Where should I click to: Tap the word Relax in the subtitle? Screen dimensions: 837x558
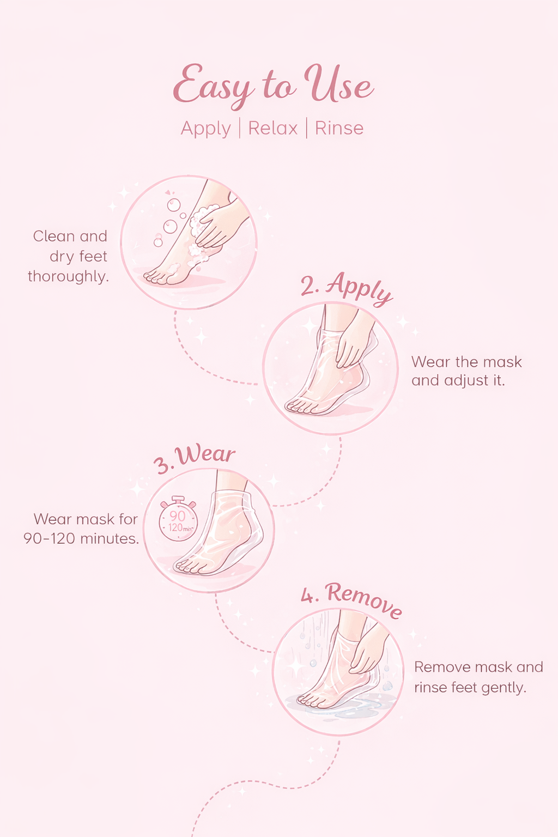273,128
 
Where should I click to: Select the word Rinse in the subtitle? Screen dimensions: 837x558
339,128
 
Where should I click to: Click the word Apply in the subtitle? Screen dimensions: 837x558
206,129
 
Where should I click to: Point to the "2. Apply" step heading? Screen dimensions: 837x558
347,288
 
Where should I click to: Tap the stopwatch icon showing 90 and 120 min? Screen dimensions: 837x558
177,519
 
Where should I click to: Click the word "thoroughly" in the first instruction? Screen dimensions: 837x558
68,277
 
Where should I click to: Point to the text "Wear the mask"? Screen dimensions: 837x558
466,362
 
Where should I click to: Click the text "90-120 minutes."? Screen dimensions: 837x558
81,538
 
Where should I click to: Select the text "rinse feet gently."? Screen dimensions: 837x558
470,688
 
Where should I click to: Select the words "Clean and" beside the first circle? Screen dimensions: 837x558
70,236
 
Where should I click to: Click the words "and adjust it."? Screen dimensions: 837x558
458,380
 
